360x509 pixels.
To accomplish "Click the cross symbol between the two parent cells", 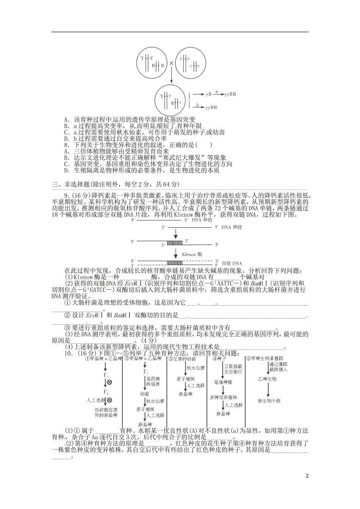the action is pyautogui.click(x=171, y=63).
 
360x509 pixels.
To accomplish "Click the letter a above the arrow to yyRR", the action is pyautogui.click(x=216, y=91).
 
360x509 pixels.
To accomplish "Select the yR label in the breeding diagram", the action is pyautogui.click(x=208, y=94).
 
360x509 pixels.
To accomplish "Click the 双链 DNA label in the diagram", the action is pyautogui.click(x=232, y=263).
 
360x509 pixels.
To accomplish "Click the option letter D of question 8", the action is pyautogui.click(x=66, y=170).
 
